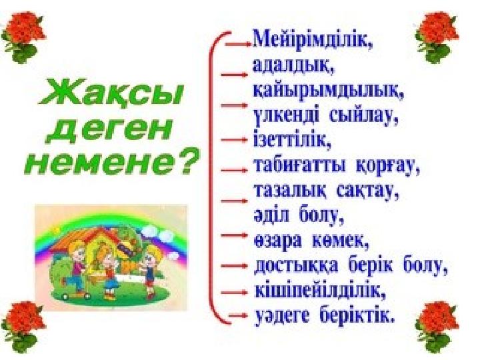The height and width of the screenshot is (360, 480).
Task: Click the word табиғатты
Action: coord(300,166)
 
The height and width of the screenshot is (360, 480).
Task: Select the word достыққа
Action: coord(296,266)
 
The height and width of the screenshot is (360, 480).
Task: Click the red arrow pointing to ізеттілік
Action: coord(233,140)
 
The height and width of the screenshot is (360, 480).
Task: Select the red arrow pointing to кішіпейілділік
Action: coord(233,293)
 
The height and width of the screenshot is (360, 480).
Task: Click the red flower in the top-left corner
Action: coord(23,36)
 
